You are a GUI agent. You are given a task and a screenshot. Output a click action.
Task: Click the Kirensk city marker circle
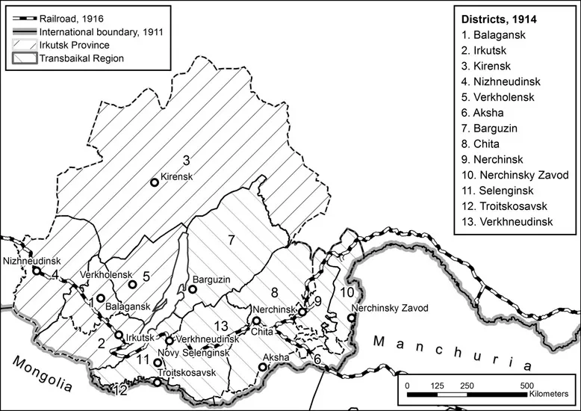pyautogui.click(x=155, y=182)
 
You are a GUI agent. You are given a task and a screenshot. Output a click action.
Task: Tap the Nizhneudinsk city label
pyautogui.click(x=31, y=261)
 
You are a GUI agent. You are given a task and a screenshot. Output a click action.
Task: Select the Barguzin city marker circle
pyautogui.click(x=192, y=289)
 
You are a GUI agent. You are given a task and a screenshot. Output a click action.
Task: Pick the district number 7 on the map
pyautogui.click(x=232, y=240)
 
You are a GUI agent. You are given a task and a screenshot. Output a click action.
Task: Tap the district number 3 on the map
pyautogui.click(x=187, y=160)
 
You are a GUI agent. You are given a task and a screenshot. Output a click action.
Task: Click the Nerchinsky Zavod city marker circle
pyautogui.click(x=351, y=318)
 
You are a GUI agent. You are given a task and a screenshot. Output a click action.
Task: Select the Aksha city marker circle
pyautogui.click(x=263, y=366)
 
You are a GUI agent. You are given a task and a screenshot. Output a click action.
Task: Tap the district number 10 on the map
pyautogui.click(x=347, y=291)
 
